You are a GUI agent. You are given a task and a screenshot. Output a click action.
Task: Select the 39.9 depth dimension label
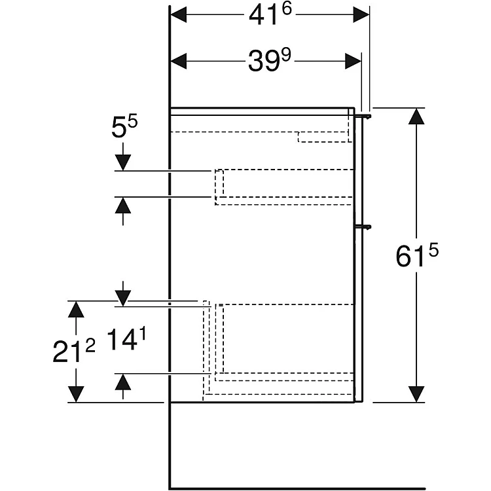tap(269, 60)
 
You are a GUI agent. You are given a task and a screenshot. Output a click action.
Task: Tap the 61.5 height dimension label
tap(417, 255)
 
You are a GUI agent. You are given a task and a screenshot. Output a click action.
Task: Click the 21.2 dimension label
tap(74, 352)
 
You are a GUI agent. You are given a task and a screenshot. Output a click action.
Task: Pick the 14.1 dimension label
tap(126, 339)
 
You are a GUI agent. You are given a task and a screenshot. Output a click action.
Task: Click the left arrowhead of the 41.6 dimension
tap(179, 14)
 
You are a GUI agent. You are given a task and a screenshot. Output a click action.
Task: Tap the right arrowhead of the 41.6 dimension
tap(361, 14)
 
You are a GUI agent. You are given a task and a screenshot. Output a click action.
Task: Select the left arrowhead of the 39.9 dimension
tap(179, 61)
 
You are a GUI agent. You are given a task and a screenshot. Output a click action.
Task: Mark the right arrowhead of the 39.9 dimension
tap(354, 61)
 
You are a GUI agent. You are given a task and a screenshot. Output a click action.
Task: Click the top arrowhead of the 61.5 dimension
tap(416, 116)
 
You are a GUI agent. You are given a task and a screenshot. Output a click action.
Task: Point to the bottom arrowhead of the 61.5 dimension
tap(416, 394)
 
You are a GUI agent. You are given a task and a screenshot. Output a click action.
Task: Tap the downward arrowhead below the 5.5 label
tap(123, 163)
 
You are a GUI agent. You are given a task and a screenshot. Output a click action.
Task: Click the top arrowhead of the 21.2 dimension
tap(76, 309)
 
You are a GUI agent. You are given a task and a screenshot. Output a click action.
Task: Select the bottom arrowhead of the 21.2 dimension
tap(76, 394)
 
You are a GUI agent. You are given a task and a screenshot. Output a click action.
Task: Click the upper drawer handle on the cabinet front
tap(364, 117)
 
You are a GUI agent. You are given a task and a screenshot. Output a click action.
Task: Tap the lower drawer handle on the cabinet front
tap(364, 227)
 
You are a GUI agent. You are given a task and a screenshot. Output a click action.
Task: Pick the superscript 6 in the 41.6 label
tap(287, 9)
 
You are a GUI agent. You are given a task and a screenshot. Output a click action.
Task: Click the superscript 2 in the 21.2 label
tap(90, 346)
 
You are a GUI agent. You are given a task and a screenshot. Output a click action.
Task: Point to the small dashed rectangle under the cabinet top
tap(325, 137)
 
